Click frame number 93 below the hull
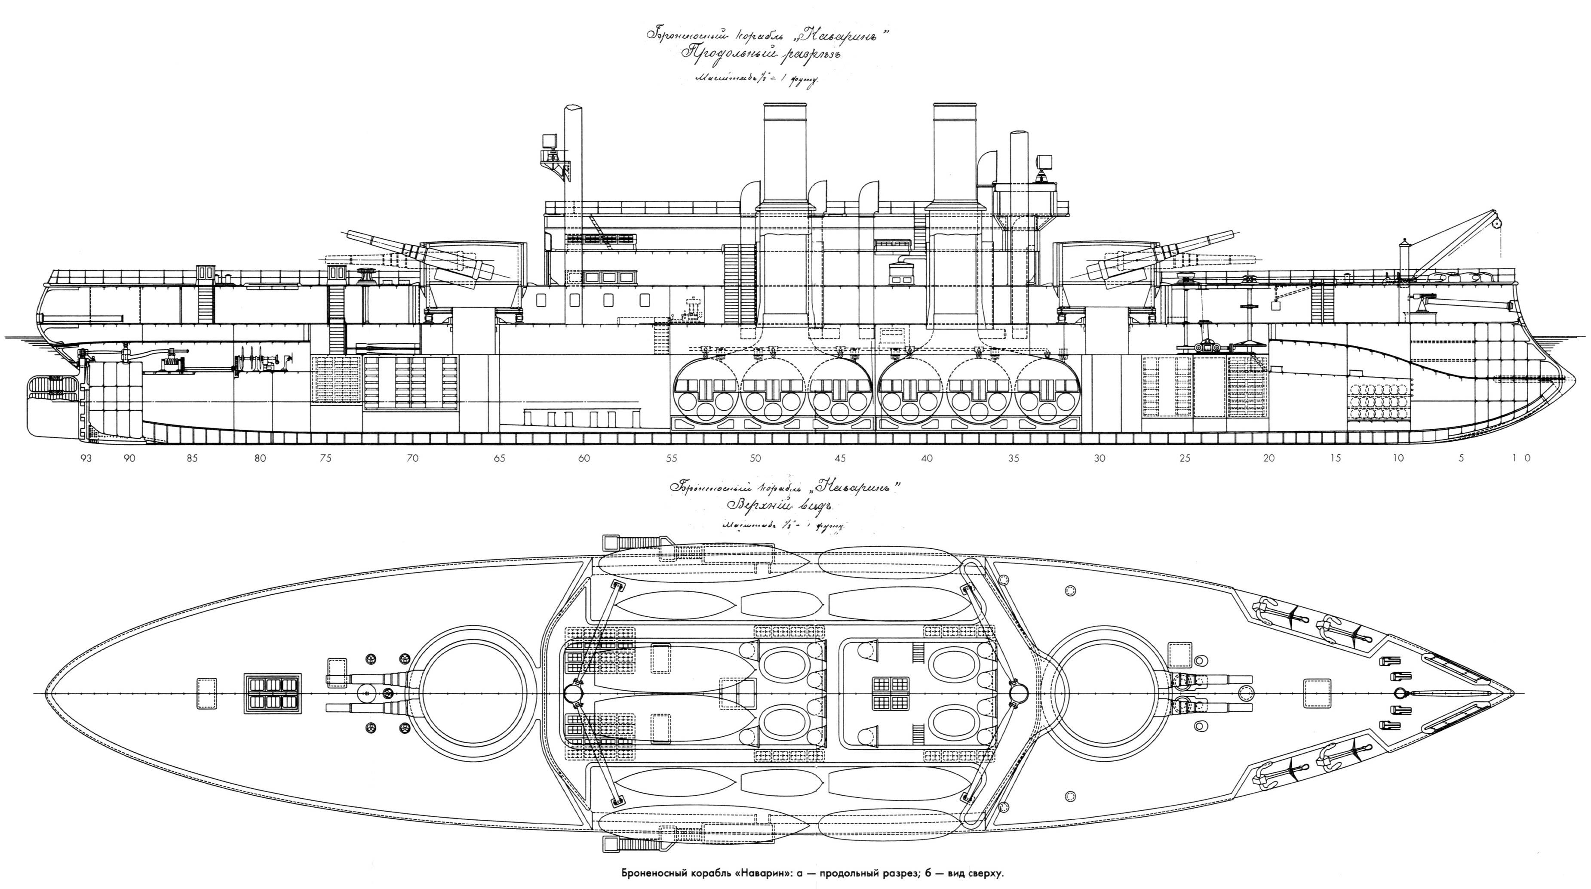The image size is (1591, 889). coord(85,458)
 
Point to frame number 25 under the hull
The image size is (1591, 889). coord(1185,458)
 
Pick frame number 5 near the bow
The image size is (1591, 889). coord(1461,458)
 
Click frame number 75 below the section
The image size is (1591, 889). coord(326,458)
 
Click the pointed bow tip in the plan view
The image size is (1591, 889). coord(1513,692)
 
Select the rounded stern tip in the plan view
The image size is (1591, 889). coord(52,692)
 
